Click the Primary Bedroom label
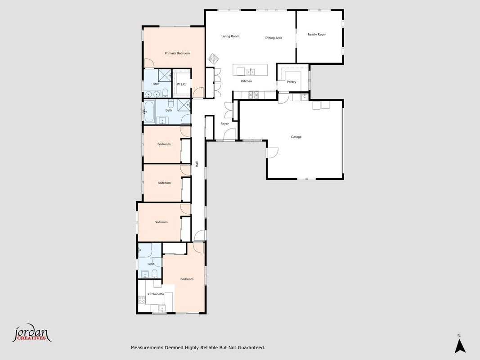177,53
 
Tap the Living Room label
230,36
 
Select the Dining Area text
274,38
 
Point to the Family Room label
317,35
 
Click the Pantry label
292,82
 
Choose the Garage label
296,137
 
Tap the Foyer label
224,124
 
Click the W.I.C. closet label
182,84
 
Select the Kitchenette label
156,294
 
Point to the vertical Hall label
197,164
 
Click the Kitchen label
247,81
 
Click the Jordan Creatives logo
31,333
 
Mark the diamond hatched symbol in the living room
213,58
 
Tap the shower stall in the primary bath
165,75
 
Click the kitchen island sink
251,72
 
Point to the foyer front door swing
229,134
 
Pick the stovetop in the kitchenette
142,300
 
